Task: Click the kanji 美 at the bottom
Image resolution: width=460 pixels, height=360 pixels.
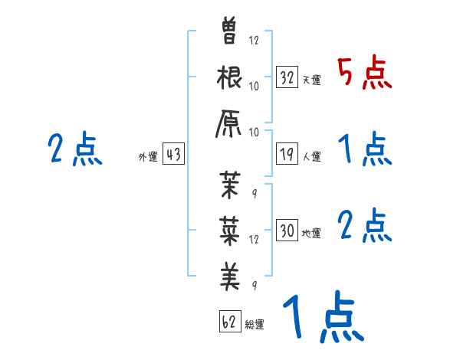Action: [230, 273]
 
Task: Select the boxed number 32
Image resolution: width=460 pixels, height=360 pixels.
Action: [287, 77]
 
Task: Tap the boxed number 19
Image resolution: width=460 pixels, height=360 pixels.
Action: [287, 154]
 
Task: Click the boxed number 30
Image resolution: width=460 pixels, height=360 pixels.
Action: [287, 230]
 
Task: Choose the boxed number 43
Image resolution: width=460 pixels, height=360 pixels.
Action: [172, 154]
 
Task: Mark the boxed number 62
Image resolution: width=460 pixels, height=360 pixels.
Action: [229, 321]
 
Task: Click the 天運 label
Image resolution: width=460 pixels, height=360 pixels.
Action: [311, 80]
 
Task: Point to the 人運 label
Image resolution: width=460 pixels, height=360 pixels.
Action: [311, 157]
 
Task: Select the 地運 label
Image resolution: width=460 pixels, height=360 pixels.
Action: [311, 233]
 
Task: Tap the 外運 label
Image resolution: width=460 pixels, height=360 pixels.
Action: [147, 157]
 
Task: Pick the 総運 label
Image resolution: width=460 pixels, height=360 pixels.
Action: [255, 324]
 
